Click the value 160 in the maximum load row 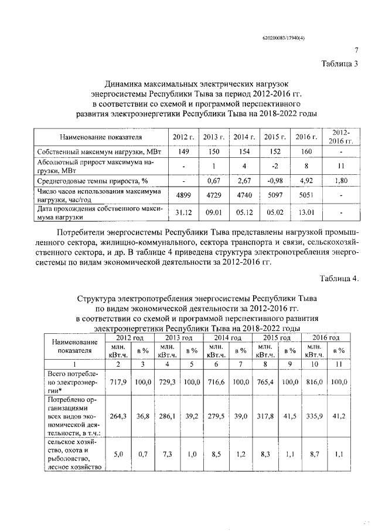[305, 151]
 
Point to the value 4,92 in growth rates [305, 180]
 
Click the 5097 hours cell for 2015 [274, 195]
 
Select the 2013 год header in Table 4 [179, 339]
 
